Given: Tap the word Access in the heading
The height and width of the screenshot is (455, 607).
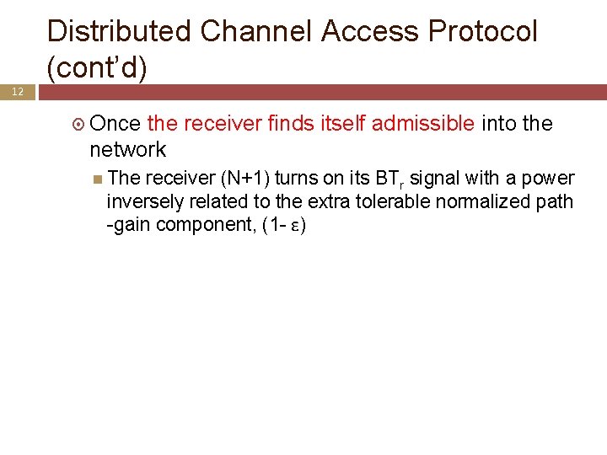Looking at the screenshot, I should pyautogui.click(x=371, y=32).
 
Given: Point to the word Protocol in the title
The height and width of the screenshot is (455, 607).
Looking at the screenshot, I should pyautogui.click(x=483, y=32).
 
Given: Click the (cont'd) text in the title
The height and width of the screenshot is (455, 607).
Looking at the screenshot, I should pyautogui.click(x=97, y=68).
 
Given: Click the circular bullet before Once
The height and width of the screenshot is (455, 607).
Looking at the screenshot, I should pyautogui.click(x=79, y=125).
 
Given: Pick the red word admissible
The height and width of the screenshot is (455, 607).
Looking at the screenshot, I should pyautogui.click(x=423, y=124).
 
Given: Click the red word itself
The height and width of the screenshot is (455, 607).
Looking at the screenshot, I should pyautogui.click(x=345, y=124).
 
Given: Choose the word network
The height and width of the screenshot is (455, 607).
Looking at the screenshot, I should pyautogui.click(x=128, y=150).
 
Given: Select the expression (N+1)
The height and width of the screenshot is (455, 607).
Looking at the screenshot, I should pyautogui.click(x=245, y=179).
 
